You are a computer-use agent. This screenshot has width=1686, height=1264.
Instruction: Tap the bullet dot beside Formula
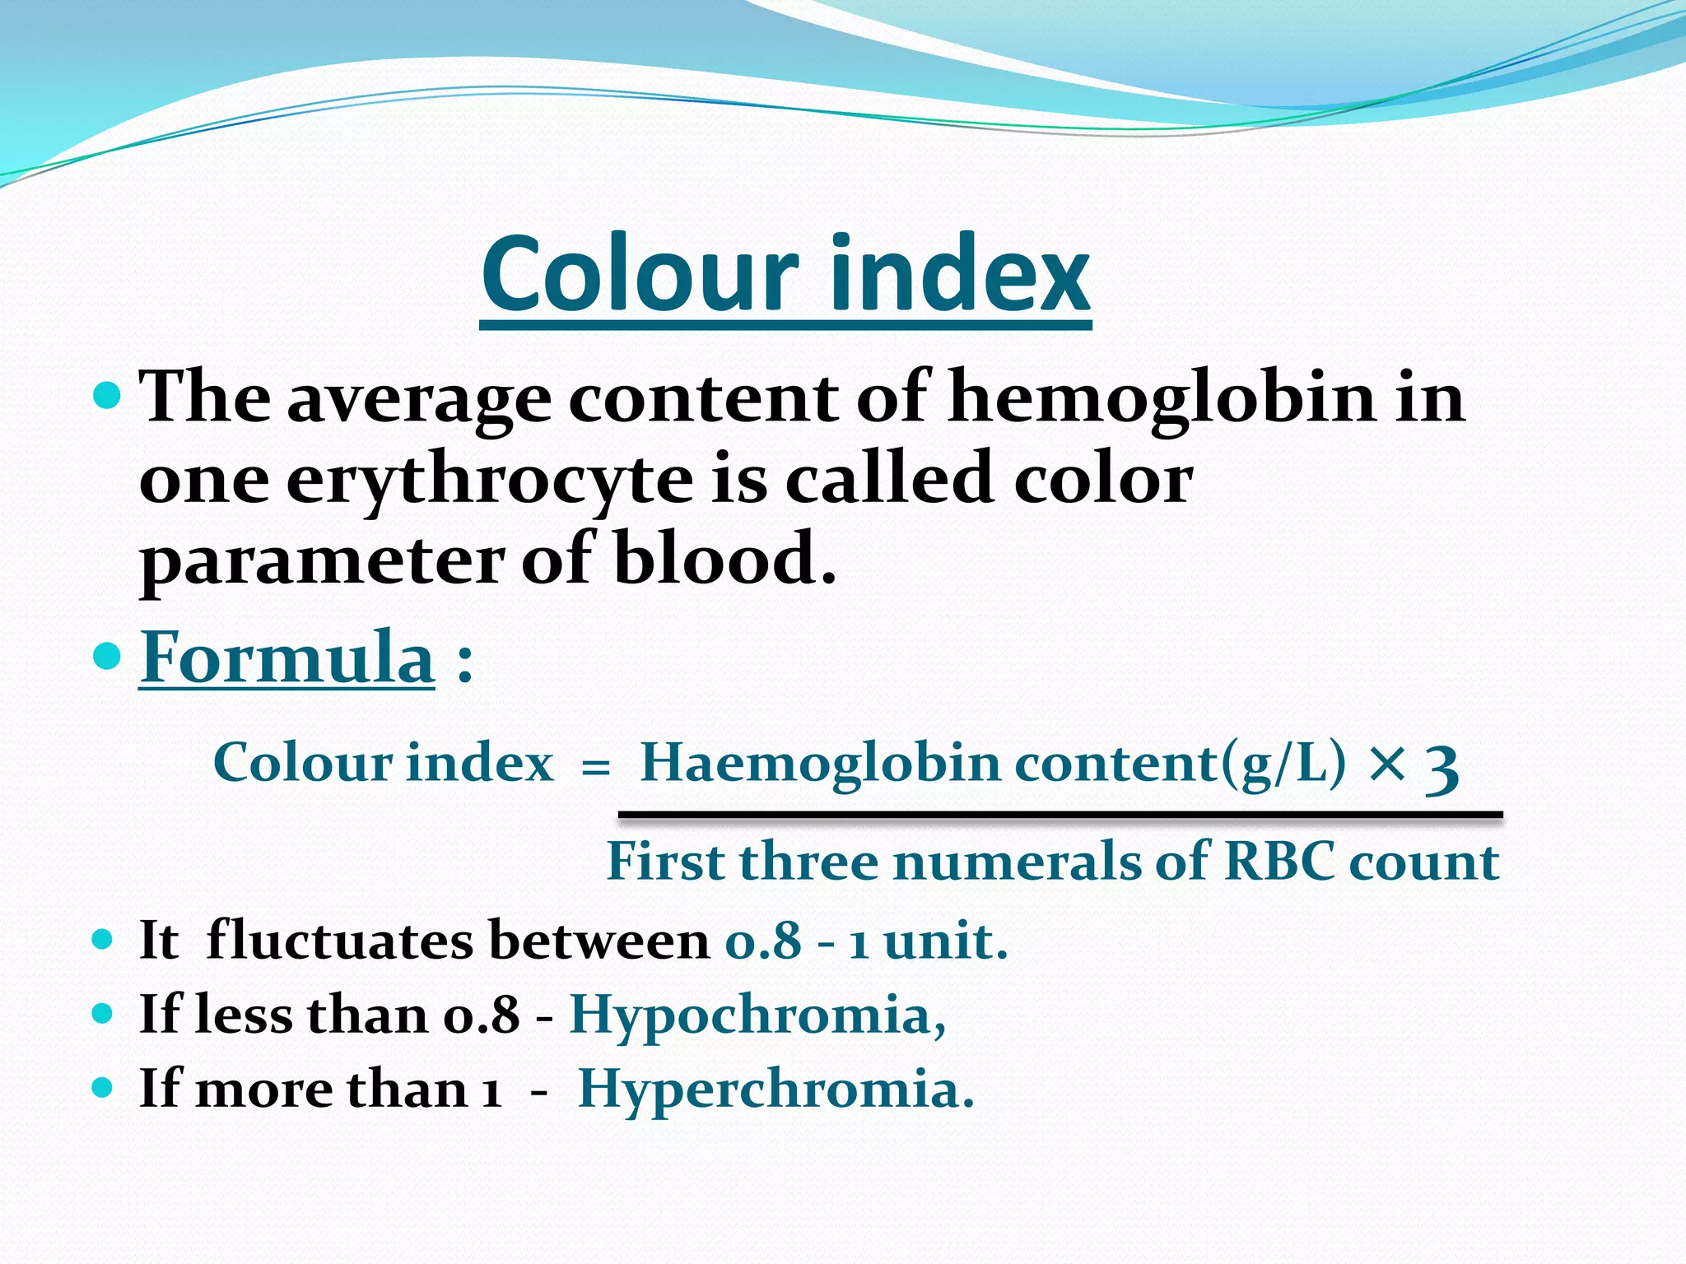pos(107,657)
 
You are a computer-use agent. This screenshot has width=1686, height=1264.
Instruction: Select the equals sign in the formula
pos(595,767)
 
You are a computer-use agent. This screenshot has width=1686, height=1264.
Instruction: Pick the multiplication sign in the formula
pos(1388,763)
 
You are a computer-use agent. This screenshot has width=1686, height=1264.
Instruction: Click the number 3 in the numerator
pos(1442,767)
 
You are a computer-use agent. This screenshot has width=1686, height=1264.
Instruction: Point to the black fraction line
pos(1060,815)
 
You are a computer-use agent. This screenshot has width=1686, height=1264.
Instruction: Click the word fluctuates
pos(339,940)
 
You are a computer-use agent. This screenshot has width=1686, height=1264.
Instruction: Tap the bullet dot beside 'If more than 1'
pos(102,1088)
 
